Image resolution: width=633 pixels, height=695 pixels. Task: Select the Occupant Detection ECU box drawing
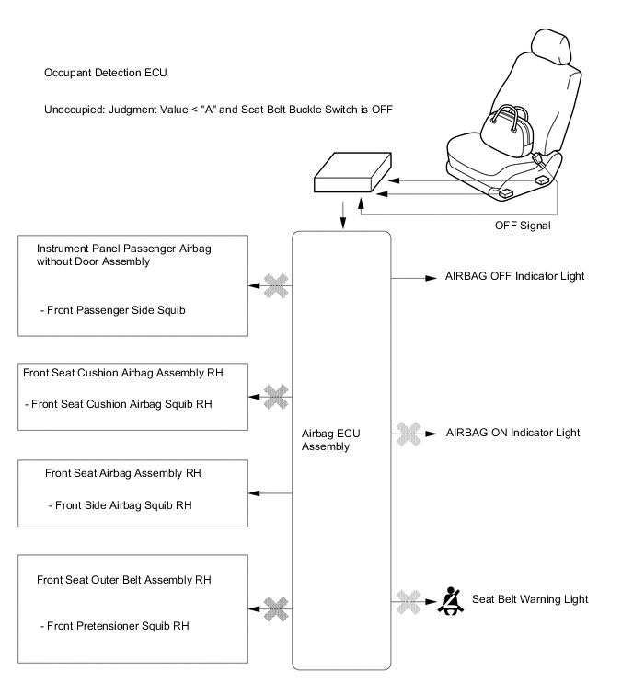tap(352, 172)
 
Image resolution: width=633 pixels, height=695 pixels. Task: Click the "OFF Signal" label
tap(523, 226)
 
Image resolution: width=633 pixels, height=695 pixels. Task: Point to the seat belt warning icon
tap(451, 600)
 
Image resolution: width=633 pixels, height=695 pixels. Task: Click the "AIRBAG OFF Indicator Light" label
tap(514, 276)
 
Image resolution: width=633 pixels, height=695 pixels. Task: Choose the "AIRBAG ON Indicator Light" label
tap(513, 433)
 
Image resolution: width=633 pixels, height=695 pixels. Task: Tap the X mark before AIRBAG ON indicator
tap(409, 434)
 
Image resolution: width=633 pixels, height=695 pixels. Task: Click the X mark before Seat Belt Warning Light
tap(409, 602)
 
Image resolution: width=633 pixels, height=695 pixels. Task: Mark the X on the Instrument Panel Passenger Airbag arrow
tap(276, 286)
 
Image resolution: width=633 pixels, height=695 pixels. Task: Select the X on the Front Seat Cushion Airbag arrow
tap(276, 397)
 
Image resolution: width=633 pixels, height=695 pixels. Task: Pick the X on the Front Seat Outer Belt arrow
tap(276, 609)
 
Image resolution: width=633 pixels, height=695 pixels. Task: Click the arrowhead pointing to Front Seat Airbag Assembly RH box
tap(254, 493)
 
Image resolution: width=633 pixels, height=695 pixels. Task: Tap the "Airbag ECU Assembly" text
tap(331, 440)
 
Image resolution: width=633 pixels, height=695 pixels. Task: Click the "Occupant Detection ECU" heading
tap(106, 73)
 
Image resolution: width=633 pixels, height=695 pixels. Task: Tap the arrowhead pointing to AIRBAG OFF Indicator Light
tap(431, 278)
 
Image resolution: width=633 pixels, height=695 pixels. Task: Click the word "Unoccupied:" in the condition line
tap(75, 110)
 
